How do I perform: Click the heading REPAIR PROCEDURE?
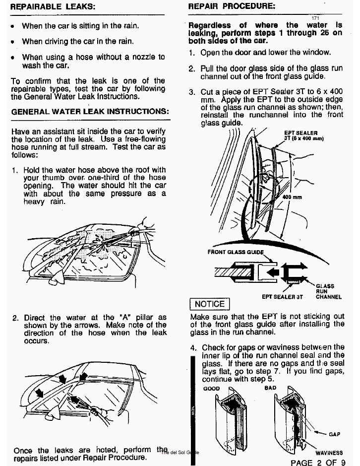click(x=232, y=6)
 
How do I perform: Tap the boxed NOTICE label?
click(x=210, y=304)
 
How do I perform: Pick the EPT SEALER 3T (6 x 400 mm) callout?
click(x=303, y=136)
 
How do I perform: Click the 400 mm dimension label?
click(x=293, y=197)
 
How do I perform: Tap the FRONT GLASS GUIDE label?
click(x=235, y=252)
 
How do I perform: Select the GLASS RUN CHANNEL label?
click(x=328, y=291)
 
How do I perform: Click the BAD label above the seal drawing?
click(x=270, y=388)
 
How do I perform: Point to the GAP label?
click(x=334, y=434)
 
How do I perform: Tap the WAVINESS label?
click(x=329, y=453)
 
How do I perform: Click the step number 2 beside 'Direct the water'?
click(x=15, y=318)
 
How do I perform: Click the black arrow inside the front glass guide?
click(x=270, y=271)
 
